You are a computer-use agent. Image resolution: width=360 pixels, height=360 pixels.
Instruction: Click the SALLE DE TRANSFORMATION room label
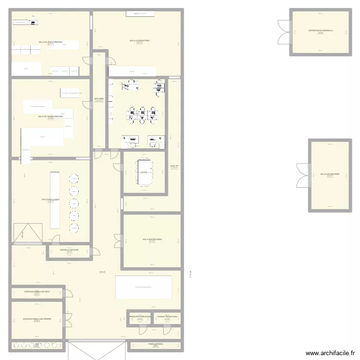click(51, 117)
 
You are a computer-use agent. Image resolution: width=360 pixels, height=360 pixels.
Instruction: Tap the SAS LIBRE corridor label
click(99, 100)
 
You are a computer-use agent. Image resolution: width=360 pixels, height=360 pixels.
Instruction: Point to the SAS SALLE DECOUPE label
click(69, 250)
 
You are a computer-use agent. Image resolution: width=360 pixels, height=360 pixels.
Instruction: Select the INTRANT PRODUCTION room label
click(168, 317)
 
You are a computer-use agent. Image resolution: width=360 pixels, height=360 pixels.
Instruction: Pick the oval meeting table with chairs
click(144, 172)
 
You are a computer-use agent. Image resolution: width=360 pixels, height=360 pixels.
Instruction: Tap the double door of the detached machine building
click(304, 174)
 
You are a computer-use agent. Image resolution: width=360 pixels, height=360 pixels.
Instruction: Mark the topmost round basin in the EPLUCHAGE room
click(74, 179)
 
